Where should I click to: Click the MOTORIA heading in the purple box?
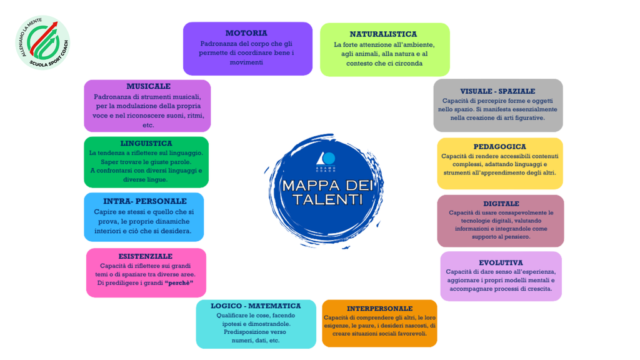(246, 33)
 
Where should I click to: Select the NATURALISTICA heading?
(383, 34)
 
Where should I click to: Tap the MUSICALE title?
(148, 86)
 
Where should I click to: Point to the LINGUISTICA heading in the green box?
(146, 143)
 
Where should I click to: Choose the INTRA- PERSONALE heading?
(145, 201)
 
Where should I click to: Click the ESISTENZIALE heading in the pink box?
(145, 256)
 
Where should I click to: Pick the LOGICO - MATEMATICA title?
(256, 306)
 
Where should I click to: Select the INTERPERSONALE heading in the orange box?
(379, 309)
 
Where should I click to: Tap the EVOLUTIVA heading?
(501, 263)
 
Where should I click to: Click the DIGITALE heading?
(501, 204)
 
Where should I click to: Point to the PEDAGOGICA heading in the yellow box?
(499, 146)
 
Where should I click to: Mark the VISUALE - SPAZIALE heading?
(497, 91)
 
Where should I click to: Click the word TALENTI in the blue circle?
(327, 199)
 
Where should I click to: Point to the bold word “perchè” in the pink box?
(179, 283)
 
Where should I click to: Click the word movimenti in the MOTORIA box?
(246, 62)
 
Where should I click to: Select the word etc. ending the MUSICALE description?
(148, 125)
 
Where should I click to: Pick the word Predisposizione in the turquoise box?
(244, 332)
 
